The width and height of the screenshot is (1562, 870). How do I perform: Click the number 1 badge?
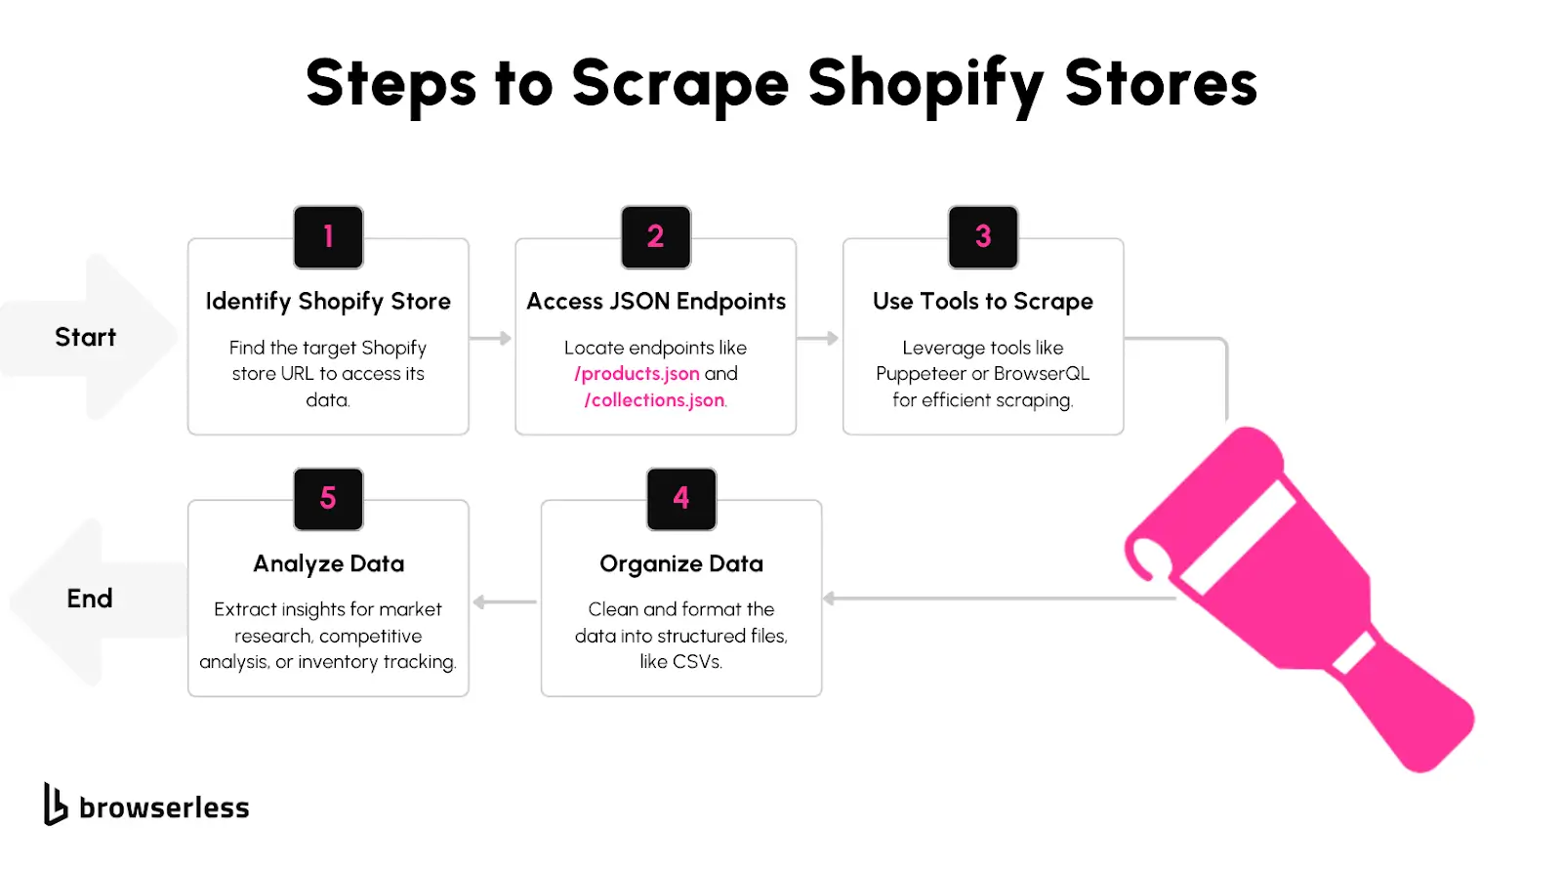pos(328,237)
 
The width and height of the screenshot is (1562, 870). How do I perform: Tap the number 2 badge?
pos(655,237)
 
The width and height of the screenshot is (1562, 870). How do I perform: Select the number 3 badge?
pos(982,237)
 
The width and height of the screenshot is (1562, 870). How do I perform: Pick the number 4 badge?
pos(681,499)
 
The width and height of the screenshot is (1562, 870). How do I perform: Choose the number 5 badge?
pos(328,499)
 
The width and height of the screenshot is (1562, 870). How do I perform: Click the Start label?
pos(86,337)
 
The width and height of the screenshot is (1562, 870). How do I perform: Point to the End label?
pos(89,599)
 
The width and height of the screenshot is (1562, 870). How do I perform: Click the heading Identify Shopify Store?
pos(328,302)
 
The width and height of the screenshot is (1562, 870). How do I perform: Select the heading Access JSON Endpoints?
pos(655,302)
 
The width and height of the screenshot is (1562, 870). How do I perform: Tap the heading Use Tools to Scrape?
pos(982,302)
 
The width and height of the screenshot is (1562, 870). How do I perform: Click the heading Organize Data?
pos(681,563)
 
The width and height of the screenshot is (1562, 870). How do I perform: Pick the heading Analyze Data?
pos(328,563)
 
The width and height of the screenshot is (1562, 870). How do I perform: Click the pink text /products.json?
pos(637,374)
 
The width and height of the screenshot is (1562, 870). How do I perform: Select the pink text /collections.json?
pos(654,400)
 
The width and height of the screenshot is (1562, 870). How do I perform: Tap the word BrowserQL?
pos(1041,374)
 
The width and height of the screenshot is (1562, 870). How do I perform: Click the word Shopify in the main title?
pos(925,85)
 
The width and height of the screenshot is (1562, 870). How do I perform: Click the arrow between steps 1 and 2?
pos(491,339)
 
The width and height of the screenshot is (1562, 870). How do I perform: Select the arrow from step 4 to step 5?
pos(504,601)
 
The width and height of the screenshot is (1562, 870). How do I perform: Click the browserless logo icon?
pos(55,805)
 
